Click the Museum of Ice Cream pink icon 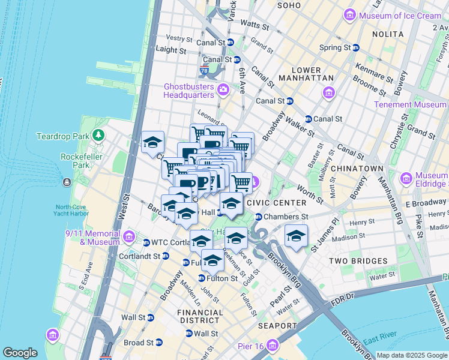350,15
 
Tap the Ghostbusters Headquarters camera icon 223,90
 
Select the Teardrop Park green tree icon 98,136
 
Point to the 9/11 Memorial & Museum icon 128,237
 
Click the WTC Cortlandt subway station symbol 146,242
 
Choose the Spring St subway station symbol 356,47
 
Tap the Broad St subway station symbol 159,343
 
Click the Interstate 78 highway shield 205,71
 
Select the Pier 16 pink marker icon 273,345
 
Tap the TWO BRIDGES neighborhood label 358,261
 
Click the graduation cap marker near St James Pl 296,236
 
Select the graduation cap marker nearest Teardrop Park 152,143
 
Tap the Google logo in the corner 20,353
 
